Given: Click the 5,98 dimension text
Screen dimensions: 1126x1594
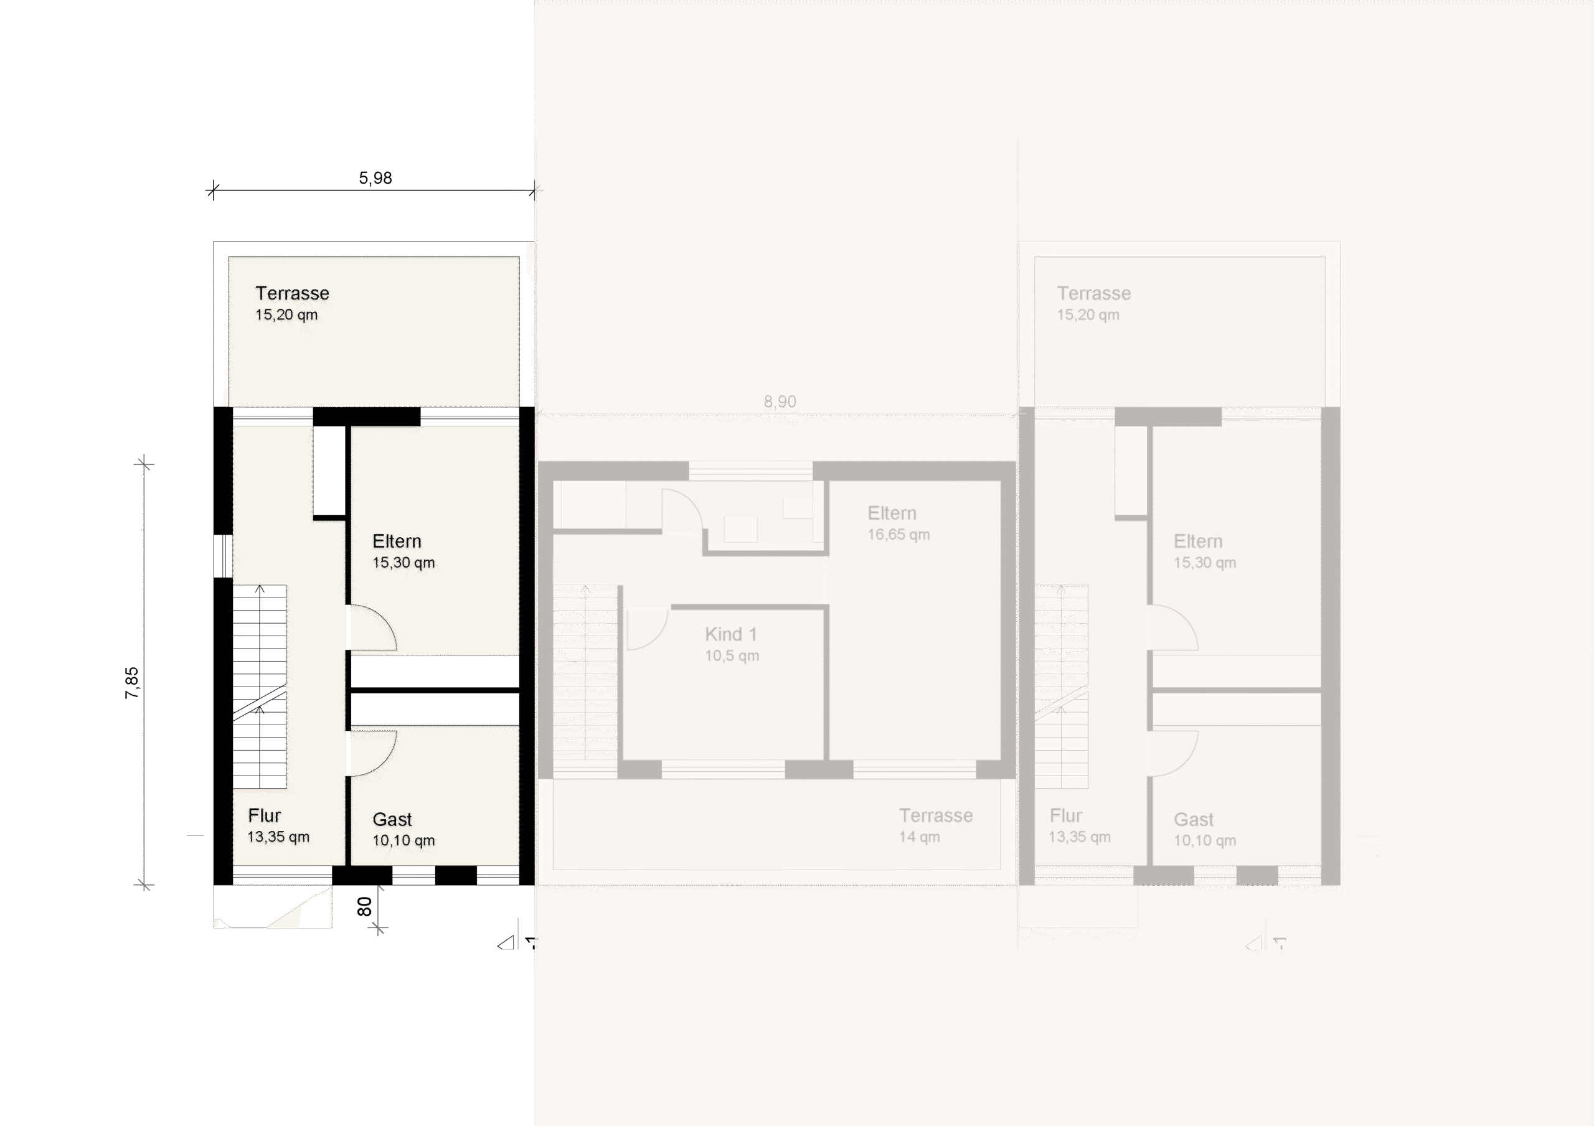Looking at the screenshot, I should click(375, 179).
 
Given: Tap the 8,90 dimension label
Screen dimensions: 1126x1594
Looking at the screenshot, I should click(780, 402).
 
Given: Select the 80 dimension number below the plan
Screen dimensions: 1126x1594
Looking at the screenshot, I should click(364, 906).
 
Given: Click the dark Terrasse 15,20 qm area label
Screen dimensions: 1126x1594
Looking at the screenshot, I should click(291, 303).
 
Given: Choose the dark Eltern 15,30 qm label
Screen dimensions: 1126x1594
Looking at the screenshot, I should click(403, 551).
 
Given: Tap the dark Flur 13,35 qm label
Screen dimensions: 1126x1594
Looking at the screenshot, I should click(278, 825).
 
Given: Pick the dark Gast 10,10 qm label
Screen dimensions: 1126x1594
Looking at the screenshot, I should click(403, 830).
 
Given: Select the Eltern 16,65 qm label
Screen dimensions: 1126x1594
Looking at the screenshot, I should click(898, 523).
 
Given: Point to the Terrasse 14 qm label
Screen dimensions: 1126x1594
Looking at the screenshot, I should click(935, 825).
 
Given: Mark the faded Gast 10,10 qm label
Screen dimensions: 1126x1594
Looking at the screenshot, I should click(1204, 830).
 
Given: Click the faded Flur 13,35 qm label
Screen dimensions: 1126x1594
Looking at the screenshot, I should click(1079, 825).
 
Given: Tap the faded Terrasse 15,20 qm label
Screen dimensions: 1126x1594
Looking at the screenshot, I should click(1093, 303).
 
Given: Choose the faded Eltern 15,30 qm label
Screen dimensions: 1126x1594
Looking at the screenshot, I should click(1204, 551).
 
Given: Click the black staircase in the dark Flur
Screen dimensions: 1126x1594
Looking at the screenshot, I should click(259, 642).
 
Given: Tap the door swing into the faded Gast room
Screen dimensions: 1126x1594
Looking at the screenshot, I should click(1174, 753).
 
